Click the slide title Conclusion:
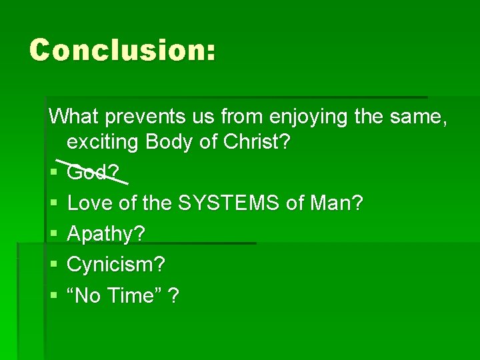pyautogui.click(x=123, y=50)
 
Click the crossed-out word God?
pyautogui.click(x=93, y=173)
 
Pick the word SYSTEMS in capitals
pyautogui.click(x=228, y=203)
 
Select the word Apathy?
pyautogui.click(x=107, y=234)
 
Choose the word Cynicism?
pyautogui.click(x=116, y=265)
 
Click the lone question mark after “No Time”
pyautogui.click(x=173, y=295)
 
